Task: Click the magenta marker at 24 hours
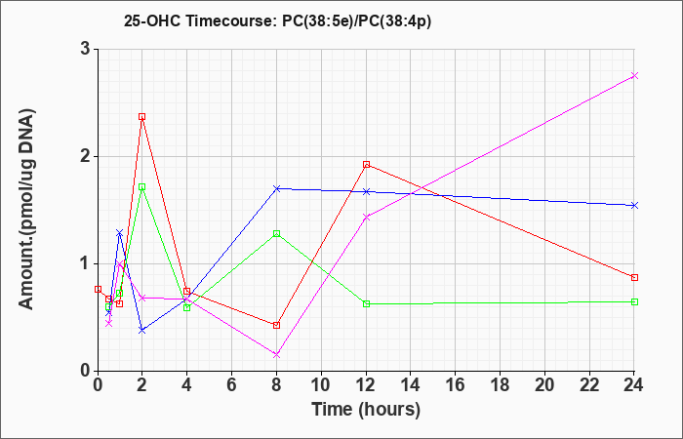coord(634,76)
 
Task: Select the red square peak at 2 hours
coord(141,117)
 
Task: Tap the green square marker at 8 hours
coord(276,233)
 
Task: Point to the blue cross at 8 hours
coord(276,188)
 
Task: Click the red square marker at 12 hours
coord(366,165)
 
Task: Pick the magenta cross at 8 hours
coord(276,355)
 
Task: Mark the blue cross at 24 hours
coord(634,205)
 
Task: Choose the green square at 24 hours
coord(634,301)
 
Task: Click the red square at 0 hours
coord(98,289)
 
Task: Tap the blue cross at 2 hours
coord(141,331)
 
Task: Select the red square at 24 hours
coord(634,277)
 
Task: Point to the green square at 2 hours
coord(141,187)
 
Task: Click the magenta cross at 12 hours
coord(366,217)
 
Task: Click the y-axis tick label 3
coord(85,49)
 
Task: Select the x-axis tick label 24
coord(633,385)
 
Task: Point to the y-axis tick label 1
coord(85,264)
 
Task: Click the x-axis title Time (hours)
coord(366,410)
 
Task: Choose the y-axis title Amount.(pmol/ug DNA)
coord(27,209)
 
